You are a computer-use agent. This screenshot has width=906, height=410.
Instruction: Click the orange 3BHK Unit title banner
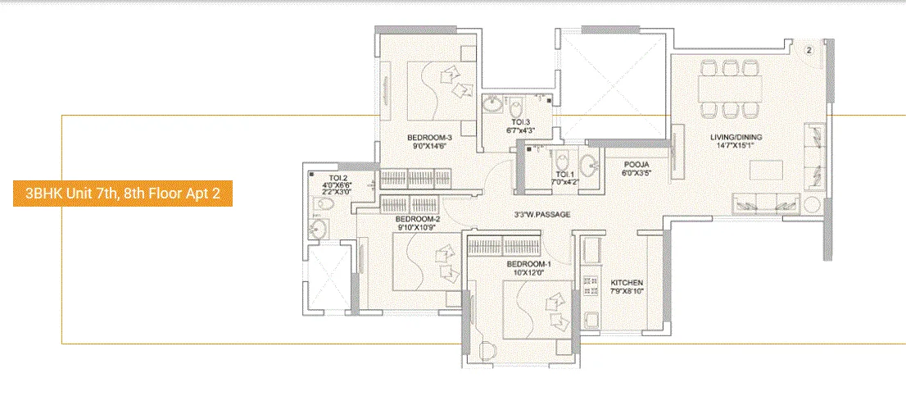pyautogui.click(x=123, y=194)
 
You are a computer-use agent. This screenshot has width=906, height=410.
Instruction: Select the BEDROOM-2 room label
pyautogui.click(x=418, y=220)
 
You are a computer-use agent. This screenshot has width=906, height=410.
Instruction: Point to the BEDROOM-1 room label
pyautogui.click(x=528, y=264)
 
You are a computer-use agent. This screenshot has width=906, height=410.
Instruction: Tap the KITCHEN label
pyautogui.click(x=627, y=283)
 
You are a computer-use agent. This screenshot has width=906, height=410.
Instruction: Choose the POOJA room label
pyautogui.click(x=636, y=164)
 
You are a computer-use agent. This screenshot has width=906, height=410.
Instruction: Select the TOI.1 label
pyautogui.click(x=564, y=175)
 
